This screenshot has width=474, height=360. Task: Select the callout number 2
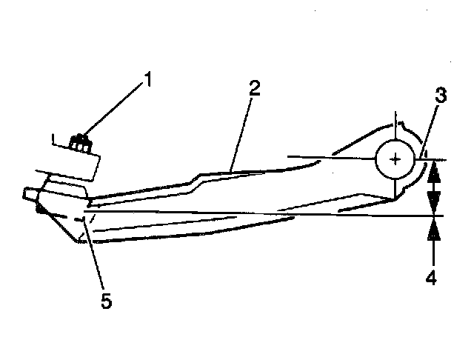254,88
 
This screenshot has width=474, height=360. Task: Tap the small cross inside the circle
398,158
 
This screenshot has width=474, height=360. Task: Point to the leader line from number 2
242,130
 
